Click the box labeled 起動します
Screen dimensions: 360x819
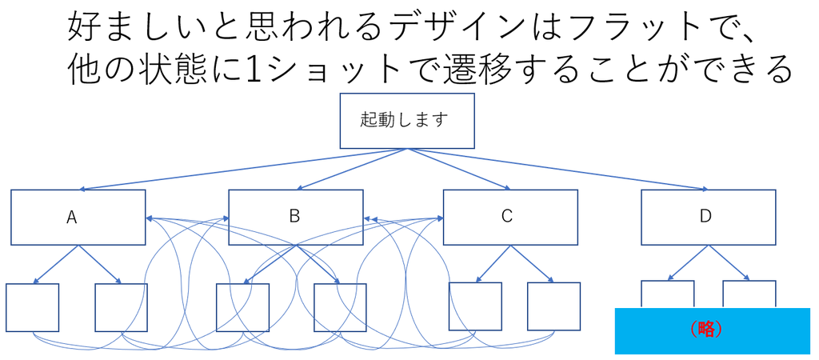pyautogui.click(x=407, y=121)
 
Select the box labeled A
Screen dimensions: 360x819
pyautogui.click(x=78, y=217)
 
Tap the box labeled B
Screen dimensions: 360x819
pyautogui.click(x=295, y=217)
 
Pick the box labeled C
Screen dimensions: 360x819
pyautogui.click(x=510, y=217)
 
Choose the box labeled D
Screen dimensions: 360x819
pyautogui.click(x=708, y=217)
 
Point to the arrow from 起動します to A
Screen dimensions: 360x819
pyautogui.click(x=240, y=170)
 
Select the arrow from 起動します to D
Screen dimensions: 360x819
pyautogui.click(x=560, y=170)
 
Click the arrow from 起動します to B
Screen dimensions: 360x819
pyautogui.click(x=352, y=170)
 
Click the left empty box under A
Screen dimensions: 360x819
pyautogui.click(x=32, y=307)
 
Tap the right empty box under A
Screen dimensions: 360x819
pyautogui.click(x=121, y=307)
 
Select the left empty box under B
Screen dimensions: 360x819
pyautogui.click(x=242, y=307)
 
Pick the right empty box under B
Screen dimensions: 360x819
pyautogui.click(x=340, y=307)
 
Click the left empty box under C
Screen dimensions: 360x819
pyautogui.click(x=475, y=306)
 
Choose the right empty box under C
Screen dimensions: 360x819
pyautogui.click(x=553, y=306)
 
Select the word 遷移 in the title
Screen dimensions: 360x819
pyautogui.click(x=481, y=70)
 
